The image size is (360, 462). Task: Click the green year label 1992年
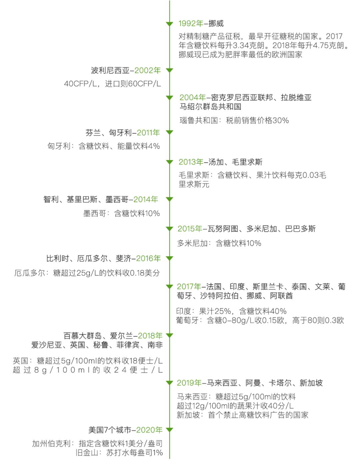click(x=191, y=23)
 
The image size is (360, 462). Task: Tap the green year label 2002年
click(x=148, y=70)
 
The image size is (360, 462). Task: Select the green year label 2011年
click(x=148, y=133)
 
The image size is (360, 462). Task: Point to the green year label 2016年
click(x=148, y=258)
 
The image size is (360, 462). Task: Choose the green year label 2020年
click(x=149, y=430)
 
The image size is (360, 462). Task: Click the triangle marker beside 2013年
click(x=169, y=162)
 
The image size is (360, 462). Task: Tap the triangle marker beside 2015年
click(x=169, y=229)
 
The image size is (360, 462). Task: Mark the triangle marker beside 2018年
click(x=169, y=336)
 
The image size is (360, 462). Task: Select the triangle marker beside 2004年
click(x=169, y=98)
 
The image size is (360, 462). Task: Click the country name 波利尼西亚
click(x=110, y=70)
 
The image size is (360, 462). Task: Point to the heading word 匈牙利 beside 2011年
click(x=120, y=133)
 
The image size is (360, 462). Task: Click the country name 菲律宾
click(x=128, y=345)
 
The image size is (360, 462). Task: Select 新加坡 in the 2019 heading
click(x=311, y=383)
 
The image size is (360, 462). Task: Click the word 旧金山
click(x=87, y=453)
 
